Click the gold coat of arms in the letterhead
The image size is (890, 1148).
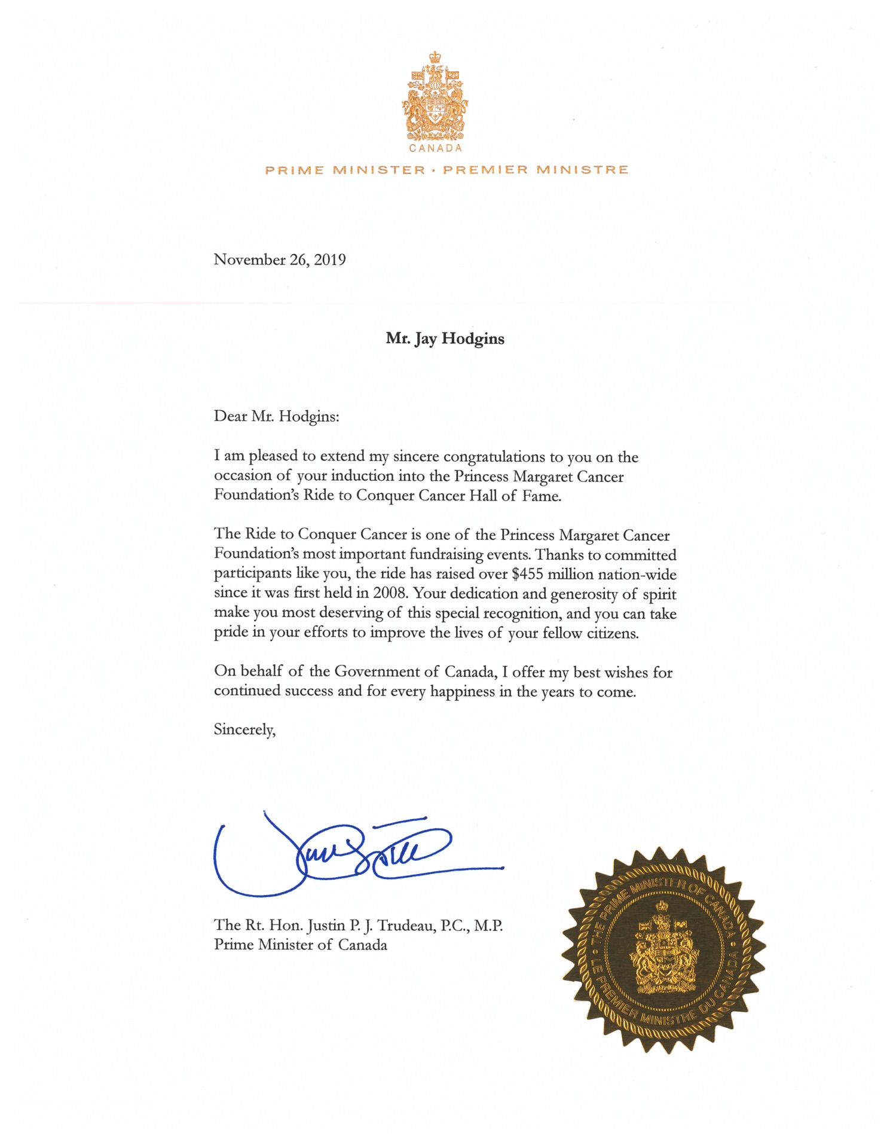[x=435, y=96]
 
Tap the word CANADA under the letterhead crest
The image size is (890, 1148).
[x=435, y=148]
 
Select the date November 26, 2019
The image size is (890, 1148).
[x=280, y=259]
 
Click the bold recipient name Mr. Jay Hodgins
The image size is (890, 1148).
[x=445, y=338]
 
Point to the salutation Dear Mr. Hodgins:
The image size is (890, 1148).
[x=276, y=416]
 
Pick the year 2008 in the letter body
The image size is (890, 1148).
[x=390, y=594]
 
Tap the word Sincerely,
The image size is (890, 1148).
[x=244, y=729]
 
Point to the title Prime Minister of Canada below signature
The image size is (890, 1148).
[x=301, y=945]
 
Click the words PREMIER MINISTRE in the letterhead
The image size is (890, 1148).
[x=536, y=170]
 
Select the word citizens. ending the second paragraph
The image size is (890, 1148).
[x=612, y=633]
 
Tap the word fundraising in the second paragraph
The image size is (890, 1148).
[x=446, y=555]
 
